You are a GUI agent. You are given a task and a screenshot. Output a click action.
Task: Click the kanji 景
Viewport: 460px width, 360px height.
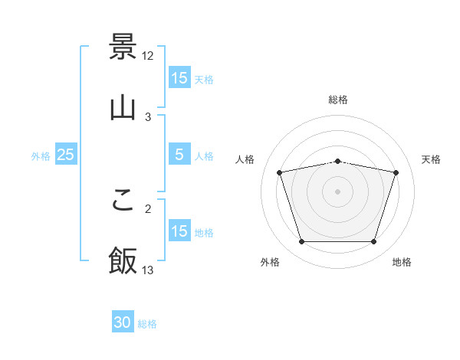click(x=123, y=47)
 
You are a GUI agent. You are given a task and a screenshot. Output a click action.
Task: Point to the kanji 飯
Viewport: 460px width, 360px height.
click(x=123, y=260)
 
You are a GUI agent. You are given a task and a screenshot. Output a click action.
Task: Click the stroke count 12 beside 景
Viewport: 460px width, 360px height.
click(x=148, y=56)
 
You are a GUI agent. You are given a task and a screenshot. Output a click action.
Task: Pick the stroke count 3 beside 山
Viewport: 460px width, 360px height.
click(x=147, y=116)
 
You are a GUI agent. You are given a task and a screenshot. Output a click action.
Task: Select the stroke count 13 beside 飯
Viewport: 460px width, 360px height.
click(x=148, y=270)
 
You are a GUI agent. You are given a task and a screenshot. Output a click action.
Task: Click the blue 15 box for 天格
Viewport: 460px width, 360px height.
click(x=179, y=78)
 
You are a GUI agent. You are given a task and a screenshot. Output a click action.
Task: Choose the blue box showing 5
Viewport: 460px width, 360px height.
click(x=179, y=155)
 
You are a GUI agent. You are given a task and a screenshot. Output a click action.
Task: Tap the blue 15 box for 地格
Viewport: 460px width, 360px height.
click(x=179, y=231)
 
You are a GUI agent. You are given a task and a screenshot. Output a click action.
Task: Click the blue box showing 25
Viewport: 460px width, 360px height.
click(x=66, y=155)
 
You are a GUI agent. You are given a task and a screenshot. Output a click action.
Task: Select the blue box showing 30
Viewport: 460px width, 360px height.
click(x=123, y=323)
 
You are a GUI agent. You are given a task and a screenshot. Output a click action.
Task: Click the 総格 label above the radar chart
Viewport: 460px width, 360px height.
click(x=338, y=100)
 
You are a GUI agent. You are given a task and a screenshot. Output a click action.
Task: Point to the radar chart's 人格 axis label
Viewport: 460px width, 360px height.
click(x=245, y=159)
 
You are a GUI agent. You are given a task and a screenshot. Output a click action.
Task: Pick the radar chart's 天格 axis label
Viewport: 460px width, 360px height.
click(x=431, y=159)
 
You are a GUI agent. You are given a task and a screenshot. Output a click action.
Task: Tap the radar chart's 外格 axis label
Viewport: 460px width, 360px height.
click(x=270, y=263)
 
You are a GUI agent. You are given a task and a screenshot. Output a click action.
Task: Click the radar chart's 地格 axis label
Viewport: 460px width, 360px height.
click(x=402, y=263)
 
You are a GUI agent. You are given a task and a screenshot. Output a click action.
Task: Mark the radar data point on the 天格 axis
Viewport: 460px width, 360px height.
click(x=396, y=173)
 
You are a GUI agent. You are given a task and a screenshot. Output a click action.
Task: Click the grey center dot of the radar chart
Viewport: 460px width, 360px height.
click(x=338, y=191)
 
